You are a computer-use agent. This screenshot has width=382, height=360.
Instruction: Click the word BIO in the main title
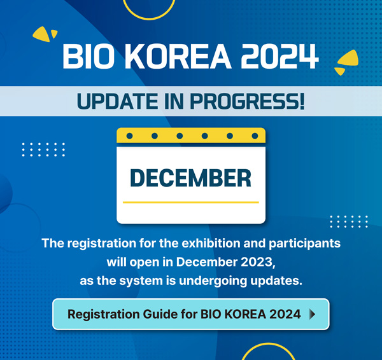(x=88, y=56)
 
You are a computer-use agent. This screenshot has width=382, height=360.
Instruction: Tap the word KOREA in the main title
(x=178, y=56)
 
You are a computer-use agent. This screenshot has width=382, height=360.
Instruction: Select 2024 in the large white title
(x=279, y=56)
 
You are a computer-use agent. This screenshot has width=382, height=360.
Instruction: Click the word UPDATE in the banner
(x=117, y=101)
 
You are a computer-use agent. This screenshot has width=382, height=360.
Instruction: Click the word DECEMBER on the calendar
(x=190, y=178)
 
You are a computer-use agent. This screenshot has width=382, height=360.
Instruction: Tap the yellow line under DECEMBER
(x=191, y=202)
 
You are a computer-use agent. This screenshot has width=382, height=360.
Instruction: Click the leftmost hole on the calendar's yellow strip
(x=130, y=136)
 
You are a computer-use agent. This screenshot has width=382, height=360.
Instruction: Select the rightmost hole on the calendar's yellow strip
(x=255, y=136)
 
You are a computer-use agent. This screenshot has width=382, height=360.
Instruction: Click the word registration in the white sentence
(x=102, y=244)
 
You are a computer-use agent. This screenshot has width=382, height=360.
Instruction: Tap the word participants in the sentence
(x=304, y=244)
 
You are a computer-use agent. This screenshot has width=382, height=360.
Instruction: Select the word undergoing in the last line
(x=213, y=281)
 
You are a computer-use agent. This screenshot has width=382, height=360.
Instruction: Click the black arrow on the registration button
(x=313, y=314)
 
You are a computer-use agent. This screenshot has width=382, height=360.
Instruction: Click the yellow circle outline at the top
(x=149, y=18)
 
